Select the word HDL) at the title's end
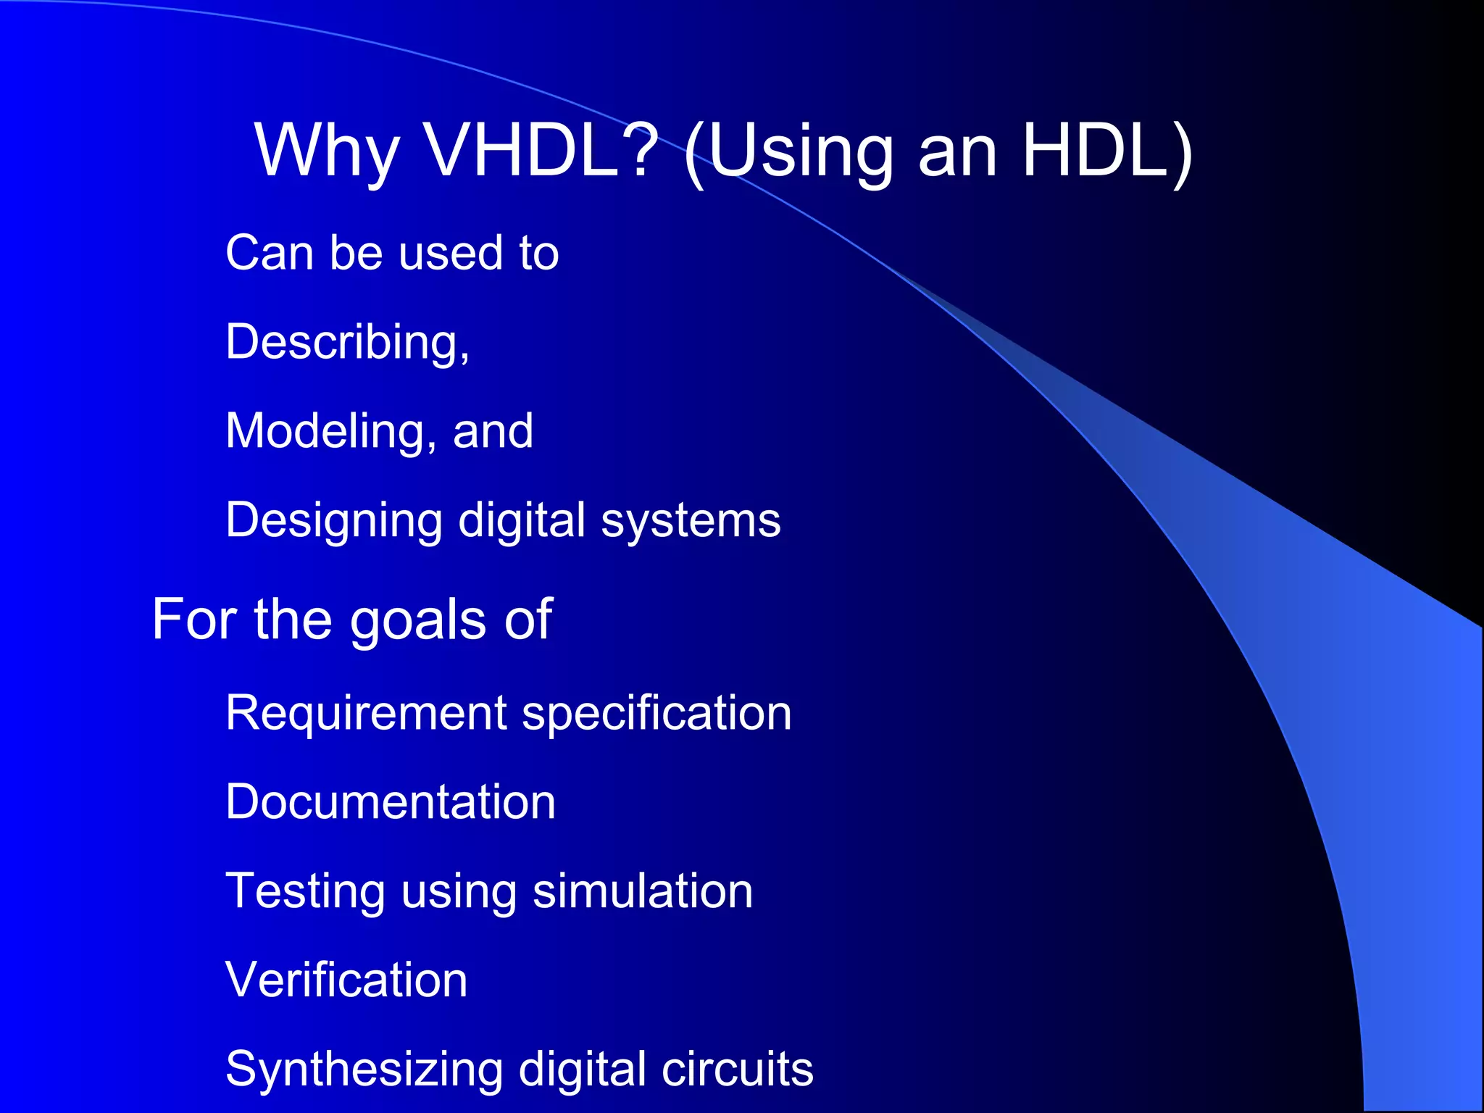[x=1106, y=151]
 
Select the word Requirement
[x=366, y=713]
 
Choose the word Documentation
[x=391, y=802]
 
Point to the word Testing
[x=305, y=892]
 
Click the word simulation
[x=643, y=891]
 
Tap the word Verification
[x=346, y=980]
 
